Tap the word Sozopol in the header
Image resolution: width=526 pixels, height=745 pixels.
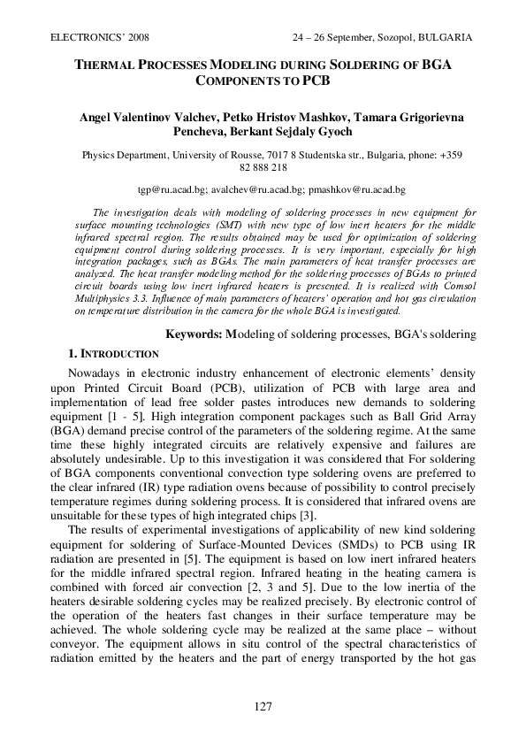click(x=385, y=38)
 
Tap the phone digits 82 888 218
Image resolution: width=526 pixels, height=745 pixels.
click(x=263, y=167)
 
